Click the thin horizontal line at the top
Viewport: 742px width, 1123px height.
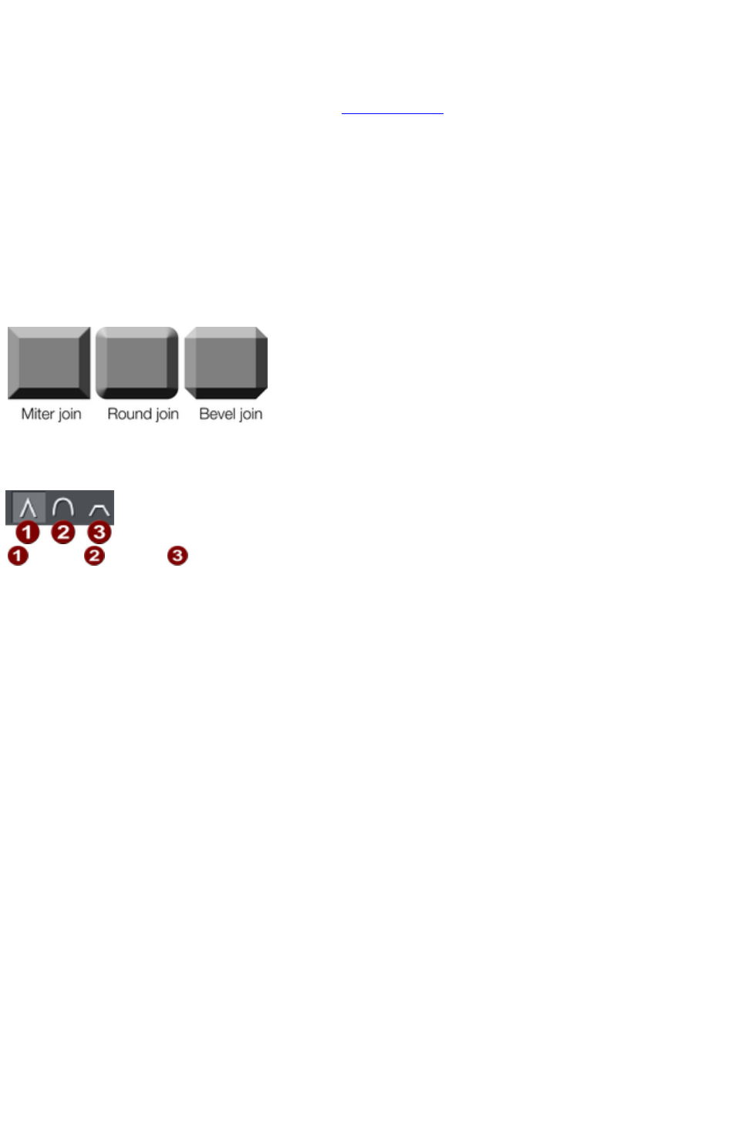click(392, 113)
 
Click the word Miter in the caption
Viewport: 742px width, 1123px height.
click(37, 414)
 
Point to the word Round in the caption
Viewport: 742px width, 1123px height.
click(129, 414)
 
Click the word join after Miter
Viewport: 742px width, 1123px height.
click(69, 415)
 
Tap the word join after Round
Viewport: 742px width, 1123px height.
click(167, 415)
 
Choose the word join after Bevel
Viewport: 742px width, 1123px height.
click(250, 415)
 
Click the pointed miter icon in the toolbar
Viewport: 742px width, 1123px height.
click(28, 508)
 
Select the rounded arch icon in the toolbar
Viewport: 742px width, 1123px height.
click(62, 506)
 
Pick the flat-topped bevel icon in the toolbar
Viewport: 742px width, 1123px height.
click(98, 509)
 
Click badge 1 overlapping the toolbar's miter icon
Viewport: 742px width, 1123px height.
click(28, 532)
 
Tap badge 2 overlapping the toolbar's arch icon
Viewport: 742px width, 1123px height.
click(63, 532)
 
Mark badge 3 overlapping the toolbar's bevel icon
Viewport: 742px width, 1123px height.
click(99, 532)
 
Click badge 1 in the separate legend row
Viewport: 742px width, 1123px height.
click(18, 555)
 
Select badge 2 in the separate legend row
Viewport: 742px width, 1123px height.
click(94, 555)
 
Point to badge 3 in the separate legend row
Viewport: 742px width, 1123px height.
click(178, 555)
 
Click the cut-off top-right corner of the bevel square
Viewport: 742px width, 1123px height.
click(261, 332)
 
